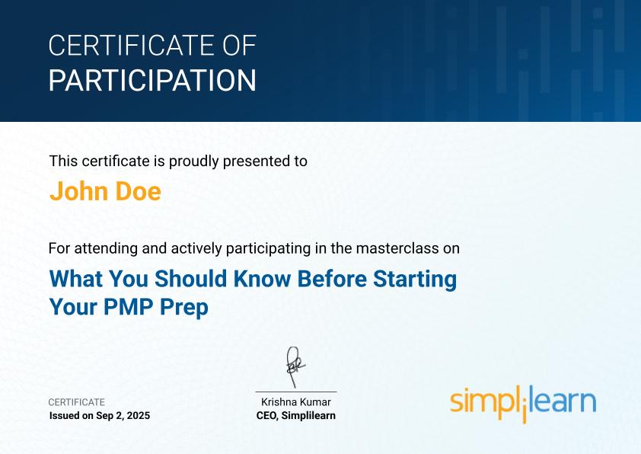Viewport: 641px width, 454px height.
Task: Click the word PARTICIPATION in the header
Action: [152, 80]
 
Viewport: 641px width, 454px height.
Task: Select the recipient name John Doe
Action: [105, 190]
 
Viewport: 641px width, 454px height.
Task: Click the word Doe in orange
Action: [139, 190]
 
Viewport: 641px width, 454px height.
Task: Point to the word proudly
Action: [194, 161]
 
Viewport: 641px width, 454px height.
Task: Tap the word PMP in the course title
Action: [129, 307]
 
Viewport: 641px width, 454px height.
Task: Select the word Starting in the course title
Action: [415, 280]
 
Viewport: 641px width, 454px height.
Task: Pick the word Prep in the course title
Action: [184, 308]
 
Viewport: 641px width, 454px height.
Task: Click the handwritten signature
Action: [295, 366]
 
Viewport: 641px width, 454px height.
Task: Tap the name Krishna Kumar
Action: [296, 402]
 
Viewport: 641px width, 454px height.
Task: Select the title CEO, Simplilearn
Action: [296, 416]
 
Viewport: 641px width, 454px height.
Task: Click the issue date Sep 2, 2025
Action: [123, 416]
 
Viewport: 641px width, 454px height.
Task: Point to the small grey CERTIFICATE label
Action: [76, 402]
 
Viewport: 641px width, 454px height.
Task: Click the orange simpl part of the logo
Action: [481, 401]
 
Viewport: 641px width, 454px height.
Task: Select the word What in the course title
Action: [75, 279]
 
